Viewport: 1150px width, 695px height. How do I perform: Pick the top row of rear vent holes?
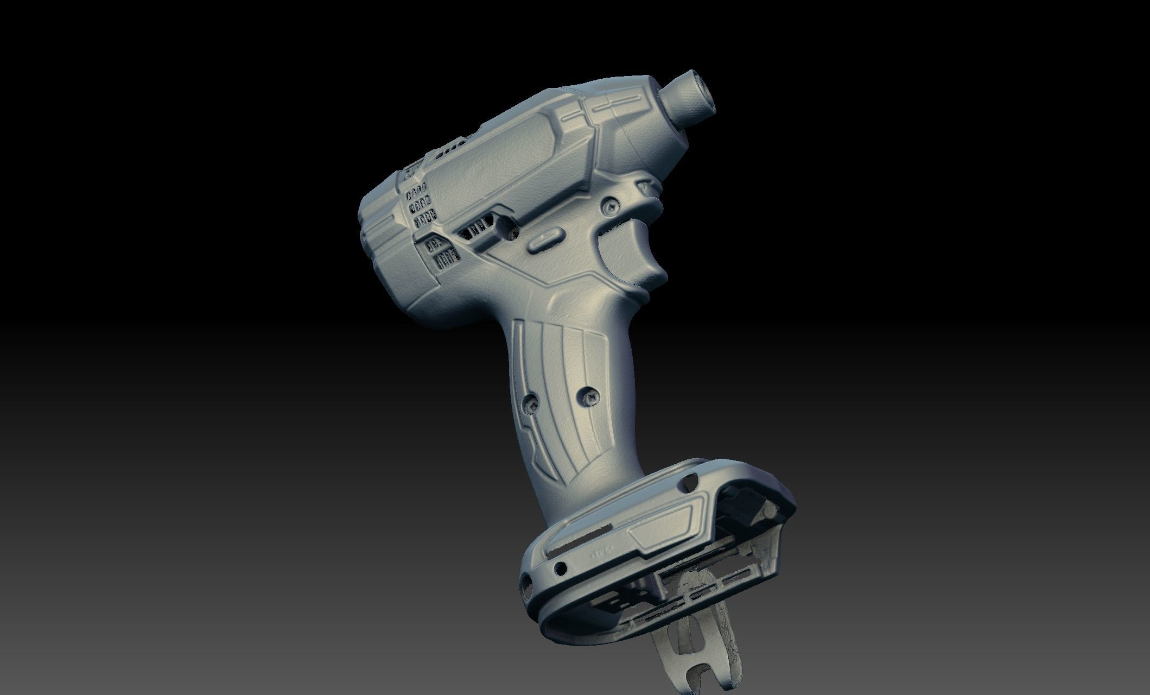pyautogui.click(x=416, y=192)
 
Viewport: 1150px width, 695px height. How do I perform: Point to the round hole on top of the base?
pyautogui.click(x=691, y=480)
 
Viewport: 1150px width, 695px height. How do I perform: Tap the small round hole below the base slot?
pyautogui.click(x=559, y=568)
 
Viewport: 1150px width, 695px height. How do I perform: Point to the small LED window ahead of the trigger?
pyautogui.click(x=645, y=186)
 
